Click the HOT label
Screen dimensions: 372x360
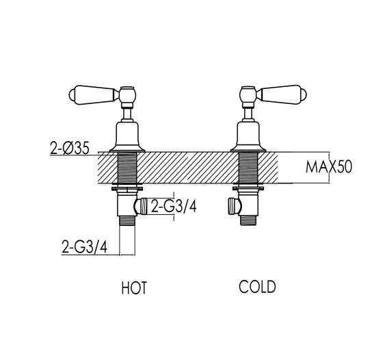pos(134,287)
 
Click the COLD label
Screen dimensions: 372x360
pos(257,287)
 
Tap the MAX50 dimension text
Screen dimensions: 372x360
pos(329,167)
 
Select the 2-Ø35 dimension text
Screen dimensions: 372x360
pos(70,148)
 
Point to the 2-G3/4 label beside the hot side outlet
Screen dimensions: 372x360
pos(174,206)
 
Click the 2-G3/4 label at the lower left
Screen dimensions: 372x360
pos(85,246)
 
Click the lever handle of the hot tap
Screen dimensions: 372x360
pos(94,94)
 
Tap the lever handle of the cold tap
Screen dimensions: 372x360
pos(282,94)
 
